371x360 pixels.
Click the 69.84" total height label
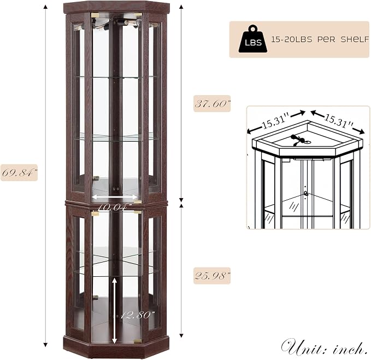pyautogui.click(x=19, y=172)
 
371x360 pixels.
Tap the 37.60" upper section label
pyautogui.click(x=212, y=103)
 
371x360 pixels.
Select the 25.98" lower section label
pyautogui.click(x=212, y=276)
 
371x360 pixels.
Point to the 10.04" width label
pyautogui.click(x=115, y=207)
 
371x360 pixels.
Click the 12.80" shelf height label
pyautogui.click(x=137, y=315)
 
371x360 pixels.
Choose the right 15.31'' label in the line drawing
pyautogui.click(x=338, y=120)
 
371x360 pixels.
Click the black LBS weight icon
pyautogui.click(x=253, y=39)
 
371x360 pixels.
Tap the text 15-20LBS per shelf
pyautogui.click(x=320, y=39)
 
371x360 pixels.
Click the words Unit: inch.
pyautogui.click(x=324, y=347)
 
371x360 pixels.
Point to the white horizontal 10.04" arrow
pyautogui.click(x=115, y=197)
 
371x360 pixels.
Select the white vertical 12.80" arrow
pyautogui.click(x=115, y=310)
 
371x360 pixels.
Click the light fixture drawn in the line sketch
pyautogui.click(x=299, y=140)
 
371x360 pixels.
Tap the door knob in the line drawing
pyautogui.click(x=306, y=193)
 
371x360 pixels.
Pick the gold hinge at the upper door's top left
pyautogui.click(x=95, y=15)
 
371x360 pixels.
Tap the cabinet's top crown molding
pyautogui.click(x=116, y=7)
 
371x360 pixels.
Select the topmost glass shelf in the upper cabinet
pyautogui.click(x=116, y=77)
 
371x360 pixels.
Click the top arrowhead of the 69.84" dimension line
pyautogui.click(x=46, y=7)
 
